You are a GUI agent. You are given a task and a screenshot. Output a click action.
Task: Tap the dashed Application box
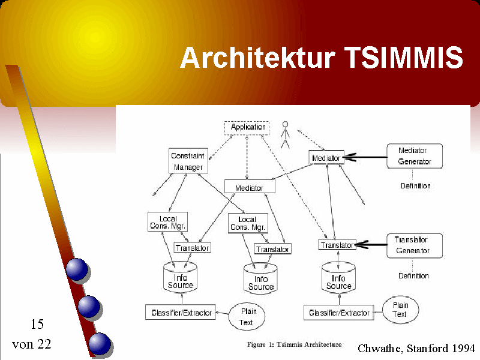point(247,127)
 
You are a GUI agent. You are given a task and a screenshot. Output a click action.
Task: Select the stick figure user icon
point(286,134)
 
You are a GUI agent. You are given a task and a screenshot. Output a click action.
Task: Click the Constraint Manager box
point(188,161)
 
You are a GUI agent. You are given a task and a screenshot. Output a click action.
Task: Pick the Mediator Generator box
point(415,156)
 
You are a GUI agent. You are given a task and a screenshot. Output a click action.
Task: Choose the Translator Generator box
point(412,245)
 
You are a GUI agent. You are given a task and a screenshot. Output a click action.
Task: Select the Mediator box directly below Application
point(250,187)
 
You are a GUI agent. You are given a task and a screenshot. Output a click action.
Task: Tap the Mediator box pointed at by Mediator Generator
point(326,158)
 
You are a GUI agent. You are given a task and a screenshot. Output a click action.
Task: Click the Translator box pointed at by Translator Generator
point(337,245)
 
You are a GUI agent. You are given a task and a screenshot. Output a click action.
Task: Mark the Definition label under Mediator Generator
point(415,186)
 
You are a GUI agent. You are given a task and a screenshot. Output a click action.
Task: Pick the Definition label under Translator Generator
point(413,276)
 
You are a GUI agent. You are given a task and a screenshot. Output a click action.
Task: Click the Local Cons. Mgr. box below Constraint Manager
point(168,222)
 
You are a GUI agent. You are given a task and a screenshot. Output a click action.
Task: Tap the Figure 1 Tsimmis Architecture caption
point(294,344)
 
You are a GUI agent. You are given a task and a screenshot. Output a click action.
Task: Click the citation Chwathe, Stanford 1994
point(416,348)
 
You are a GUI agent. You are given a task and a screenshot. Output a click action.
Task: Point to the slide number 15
point(37,325)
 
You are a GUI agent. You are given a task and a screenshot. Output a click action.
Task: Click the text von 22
point(32,344)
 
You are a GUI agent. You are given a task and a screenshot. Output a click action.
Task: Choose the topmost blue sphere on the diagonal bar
point(77,269)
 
